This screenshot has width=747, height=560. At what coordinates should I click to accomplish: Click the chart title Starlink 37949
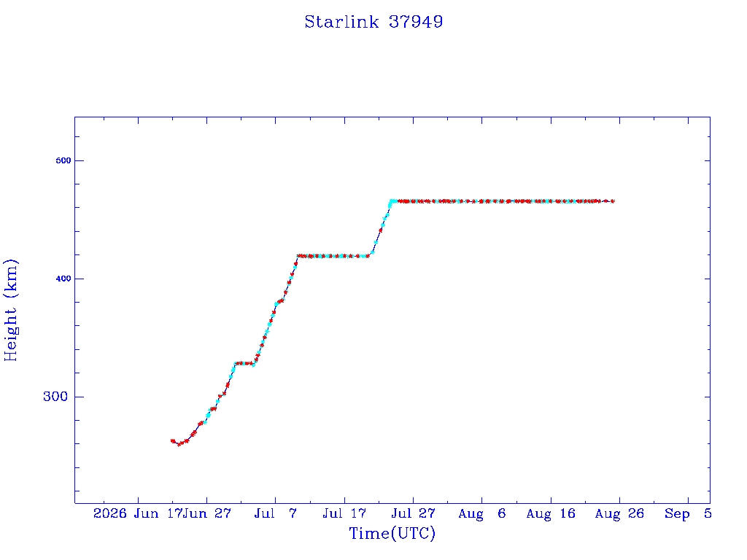[373, 22]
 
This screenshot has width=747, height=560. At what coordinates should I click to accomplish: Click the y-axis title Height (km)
[10, 310]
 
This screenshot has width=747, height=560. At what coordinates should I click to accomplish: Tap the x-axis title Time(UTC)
[392, 533]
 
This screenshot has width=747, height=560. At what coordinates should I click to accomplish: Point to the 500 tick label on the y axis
[63, 160]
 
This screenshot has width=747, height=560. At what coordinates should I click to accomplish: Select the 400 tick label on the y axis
[63, 279]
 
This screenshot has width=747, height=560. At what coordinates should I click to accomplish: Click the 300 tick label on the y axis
[55, 397]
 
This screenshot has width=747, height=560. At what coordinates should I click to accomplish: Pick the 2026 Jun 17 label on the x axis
[138, 513]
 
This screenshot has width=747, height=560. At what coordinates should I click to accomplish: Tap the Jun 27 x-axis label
[207, 513]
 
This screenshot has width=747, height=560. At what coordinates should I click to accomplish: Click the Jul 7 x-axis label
[275, 513]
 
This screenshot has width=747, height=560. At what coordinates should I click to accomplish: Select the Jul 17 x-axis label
[344, 513]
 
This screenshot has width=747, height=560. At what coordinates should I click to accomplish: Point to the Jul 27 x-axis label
[413, 513]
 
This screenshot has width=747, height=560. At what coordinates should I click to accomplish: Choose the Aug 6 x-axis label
[481, 513]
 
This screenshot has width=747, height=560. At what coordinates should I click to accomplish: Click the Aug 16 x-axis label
[551, 513]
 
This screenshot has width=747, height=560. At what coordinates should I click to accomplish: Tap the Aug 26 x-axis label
[619, 513]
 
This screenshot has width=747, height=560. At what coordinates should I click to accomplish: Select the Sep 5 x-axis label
[688, 513]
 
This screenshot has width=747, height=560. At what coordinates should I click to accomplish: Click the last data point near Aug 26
[613, 201]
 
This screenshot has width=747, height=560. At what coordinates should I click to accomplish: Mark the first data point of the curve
[172, 441]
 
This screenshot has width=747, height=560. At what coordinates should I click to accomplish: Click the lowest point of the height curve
[179, 445]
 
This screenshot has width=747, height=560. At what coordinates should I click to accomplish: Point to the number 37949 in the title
[416, 22]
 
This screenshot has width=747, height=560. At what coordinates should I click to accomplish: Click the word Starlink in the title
[341, 22]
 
